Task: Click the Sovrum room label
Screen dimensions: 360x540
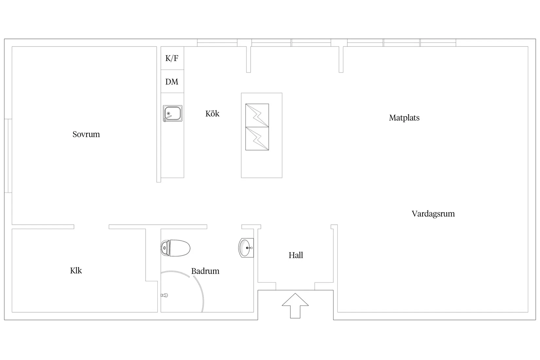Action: [x=86, y=134]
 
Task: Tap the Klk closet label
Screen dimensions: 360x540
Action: [x=76, y=271]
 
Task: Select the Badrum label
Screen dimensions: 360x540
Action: [x=205, y=271]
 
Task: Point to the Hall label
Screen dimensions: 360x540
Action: [x=296, y=255]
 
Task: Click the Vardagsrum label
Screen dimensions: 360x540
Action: [x=433, y=214]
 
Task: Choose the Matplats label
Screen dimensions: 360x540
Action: [x=404, y=118]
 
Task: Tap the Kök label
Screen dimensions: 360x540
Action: [x=212, y=114]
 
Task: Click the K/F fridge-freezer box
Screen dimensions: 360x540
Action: [x=172, y=58]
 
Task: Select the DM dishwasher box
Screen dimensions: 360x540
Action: [x=172, y=81]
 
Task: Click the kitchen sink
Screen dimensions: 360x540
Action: [x=172, y=114]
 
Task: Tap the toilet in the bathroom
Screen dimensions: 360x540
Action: [x=175, y=248]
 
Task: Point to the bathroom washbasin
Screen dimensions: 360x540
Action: [x=245, y=248]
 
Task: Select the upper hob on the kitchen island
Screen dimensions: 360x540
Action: [x=257, y=115]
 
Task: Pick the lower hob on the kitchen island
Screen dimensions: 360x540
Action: [x=257, y=138]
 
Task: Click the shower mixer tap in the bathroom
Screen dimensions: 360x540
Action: [x=165, y=295]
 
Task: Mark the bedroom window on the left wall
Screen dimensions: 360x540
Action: [x=8, y=156]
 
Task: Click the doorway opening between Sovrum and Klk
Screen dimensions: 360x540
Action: [x=91, y=227]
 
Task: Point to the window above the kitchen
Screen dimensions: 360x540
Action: [x=217, y=43]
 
